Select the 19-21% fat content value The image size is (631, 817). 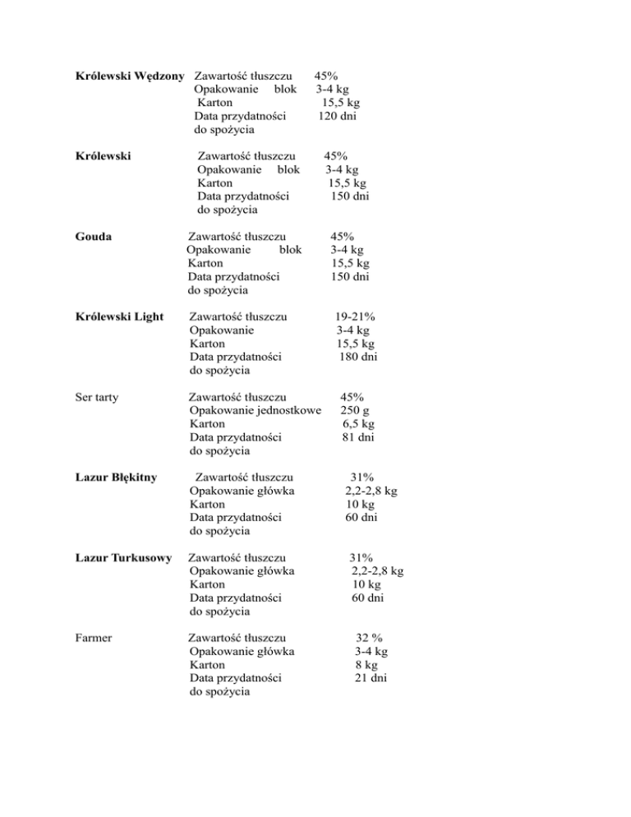356,317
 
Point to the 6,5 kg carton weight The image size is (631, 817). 359,424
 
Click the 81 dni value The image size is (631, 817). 359,437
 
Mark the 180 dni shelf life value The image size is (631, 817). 358,357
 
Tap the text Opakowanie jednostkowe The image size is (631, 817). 255,411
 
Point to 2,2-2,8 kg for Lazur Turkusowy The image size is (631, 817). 376,571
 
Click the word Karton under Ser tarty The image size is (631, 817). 207,424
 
